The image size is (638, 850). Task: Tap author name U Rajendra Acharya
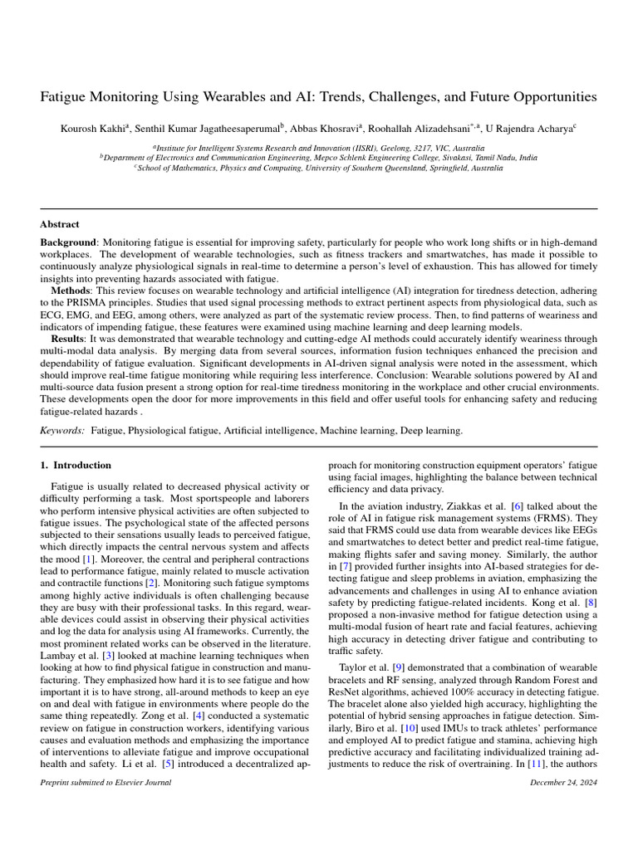pyautogui.click(x=530, y=128)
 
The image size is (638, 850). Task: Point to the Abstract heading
pyautogui.click(x=60, y=224)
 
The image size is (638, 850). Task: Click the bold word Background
pyautogui.click(x=69, y=240)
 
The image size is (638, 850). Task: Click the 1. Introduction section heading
pyautogui.click(x=76, y=466)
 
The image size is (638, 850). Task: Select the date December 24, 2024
pyautogui.click(x=562, y=782)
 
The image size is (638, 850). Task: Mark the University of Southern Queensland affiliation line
pyautogui.click(x=319, y=167)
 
